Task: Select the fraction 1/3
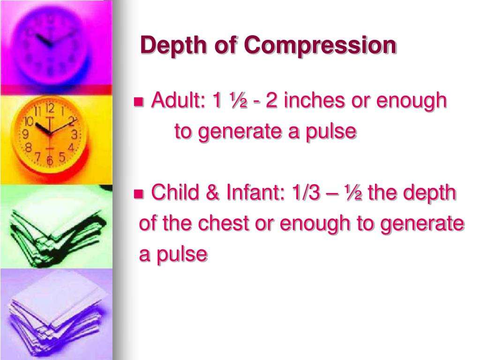tap(300, 192)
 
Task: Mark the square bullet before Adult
tap(139, 102)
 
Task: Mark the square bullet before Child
tap(139, 193)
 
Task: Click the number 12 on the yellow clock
tap(51, 109)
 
